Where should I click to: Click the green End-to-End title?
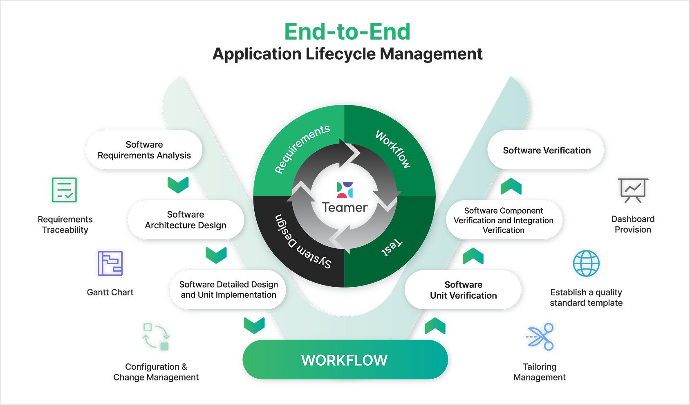347,32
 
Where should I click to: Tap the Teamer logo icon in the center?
345,190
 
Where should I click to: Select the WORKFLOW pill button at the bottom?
345,360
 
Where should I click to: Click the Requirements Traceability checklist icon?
64,190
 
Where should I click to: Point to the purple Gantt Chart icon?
110,263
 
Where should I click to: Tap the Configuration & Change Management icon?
156,337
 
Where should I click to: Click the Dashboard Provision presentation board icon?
633,190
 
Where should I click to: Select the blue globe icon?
586,263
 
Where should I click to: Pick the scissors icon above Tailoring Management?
540,337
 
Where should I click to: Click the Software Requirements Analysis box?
144,150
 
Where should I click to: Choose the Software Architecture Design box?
186,220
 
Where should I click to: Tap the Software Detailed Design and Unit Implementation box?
228,290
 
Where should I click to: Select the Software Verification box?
546,150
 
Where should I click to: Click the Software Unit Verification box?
463,290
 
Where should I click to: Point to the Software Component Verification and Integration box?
503,220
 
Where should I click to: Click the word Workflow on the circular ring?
393,149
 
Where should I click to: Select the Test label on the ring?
391,247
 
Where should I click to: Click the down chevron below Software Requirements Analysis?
178,185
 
